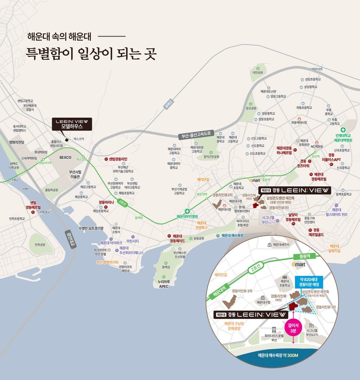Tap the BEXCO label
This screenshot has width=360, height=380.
point(65,157)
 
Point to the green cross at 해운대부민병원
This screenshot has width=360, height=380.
point(187,211)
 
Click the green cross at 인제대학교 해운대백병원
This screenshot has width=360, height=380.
point(343,130)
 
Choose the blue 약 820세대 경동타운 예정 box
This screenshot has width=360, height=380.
point(309,281)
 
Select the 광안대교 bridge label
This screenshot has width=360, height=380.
point(71,239)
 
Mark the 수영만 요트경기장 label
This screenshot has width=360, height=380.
point(91,228)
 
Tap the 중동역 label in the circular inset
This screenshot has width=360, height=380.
point(304,256)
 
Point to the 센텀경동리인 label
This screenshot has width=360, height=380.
point(118,159)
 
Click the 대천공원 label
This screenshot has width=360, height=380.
point(257,72)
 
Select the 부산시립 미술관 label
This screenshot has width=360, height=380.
point(75,174)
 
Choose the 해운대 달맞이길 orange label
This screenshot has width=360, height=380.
point(334,248)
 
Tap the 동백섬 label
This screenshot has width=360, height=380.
point(166,267)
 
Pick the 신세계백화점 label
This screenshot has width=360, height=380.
point(29,158)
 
